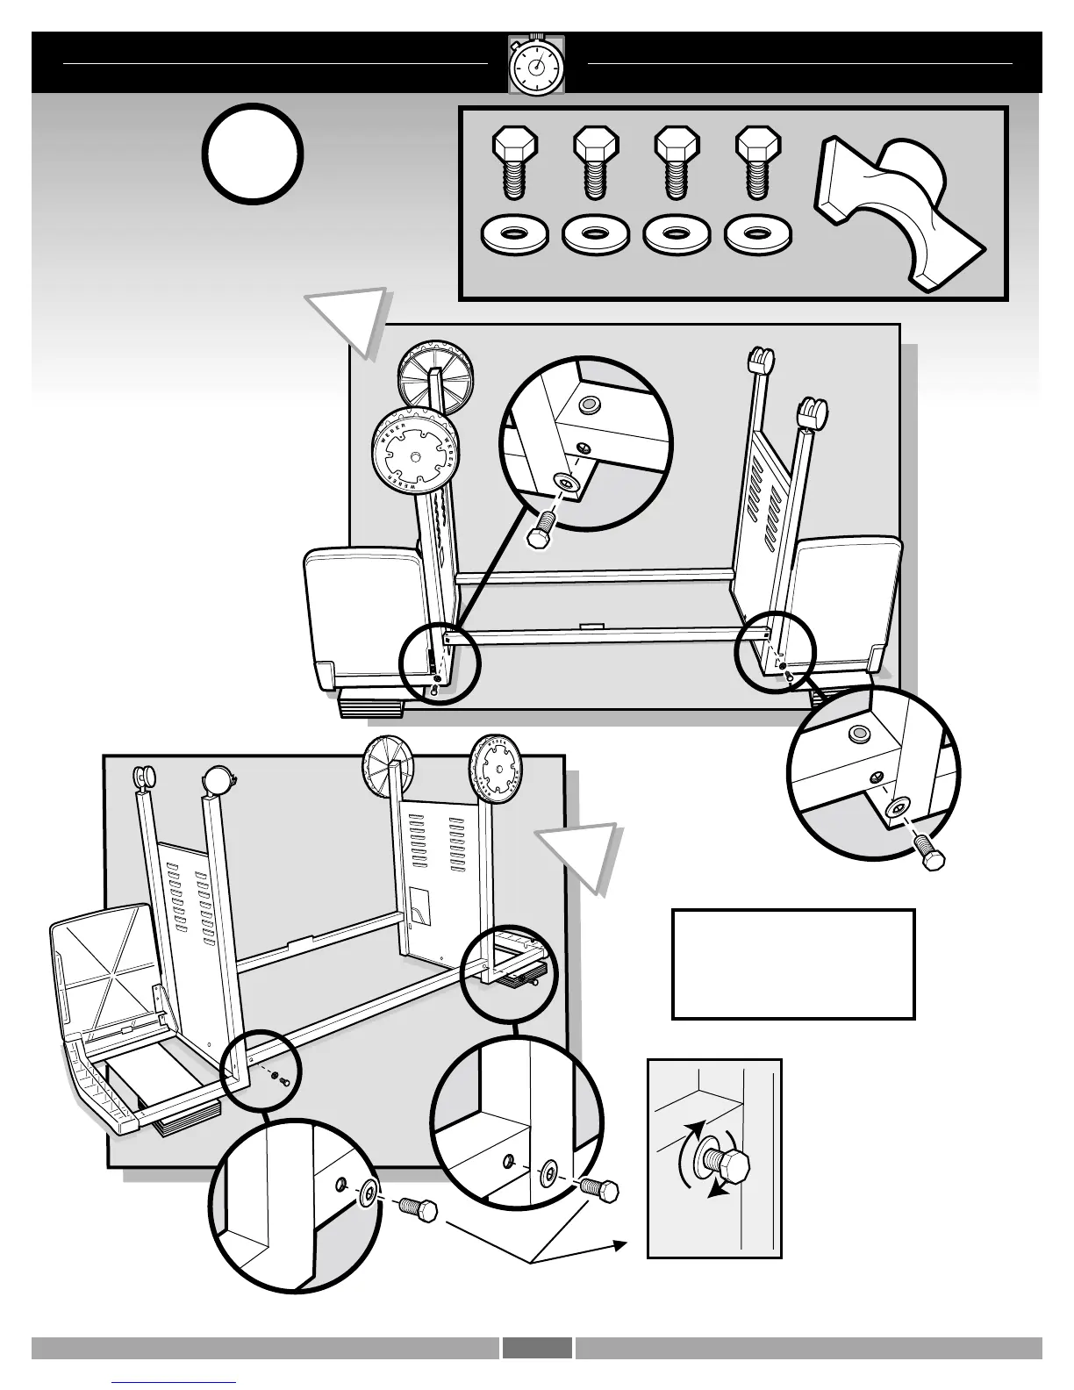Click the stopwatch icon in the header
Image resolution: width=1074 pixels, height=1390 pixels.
pyautogui.click(x=536, y=65)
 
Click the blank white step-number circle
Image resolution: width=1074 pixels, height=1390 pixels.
pyautogui.click(x=254, y=154)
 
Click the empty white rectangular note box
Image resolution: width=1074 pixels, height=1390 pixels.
pyautogui.click(x=793, y=964)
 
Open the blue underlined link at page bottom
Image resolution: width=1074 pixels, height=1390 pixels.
pyautogui.click(x=175, y=1382)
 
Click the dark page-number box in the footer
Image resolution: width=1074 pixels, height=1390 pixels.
pyautogui.click(x=537, y=1348)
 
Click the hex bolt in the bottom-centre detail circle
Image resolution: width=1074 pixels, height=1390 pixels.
pyautogui.click(x=600, y=1189)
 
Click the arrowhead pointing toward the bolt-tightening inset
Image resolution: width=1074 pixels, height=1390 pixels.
pyautogui.click(x=619, y=1244)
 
